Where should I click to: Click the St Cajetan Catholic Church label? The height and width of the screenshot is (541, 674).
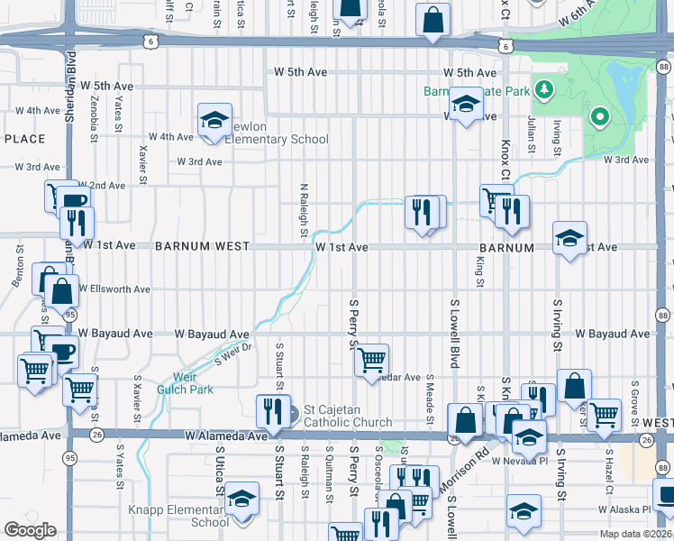tap(347, 416)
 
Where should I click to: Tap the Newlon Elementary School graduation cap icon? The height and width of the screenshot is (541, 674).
tap(215, 122)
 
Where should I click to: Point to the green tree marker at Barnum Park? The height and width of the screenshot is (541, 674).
tap(543, 89)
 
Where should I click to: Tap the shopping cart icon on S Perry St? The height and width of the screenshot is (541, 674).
tap(371, 361)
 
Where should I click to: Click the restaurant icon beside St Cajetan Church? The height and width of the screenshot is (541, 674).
tap(269, 411)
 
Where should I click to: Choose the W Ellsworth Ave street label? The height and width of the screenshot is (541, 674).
tap(114, 289)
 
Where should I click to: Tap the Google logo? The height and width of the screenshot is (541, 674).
tap(30, 529)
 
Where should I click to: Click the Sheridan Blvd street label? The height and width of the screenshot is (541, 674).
tap(70, 94)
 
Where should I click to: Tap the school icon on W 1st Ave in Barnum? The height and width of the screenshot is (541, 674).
tap(569, 239)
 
